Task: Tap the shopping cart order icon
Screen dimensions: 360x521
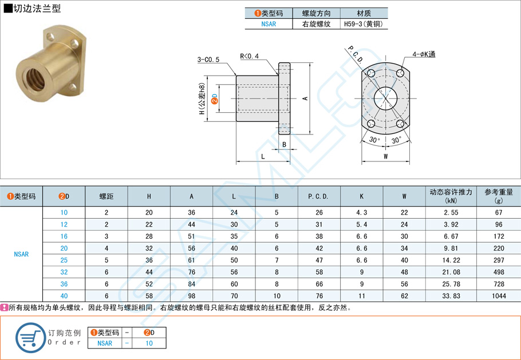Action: [x=30, y=337]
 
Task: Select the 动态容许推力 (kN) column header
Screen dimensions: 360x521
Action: [x=451, y=196]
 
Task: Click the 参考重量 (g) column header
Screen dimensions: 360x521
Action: [x=498, y=196]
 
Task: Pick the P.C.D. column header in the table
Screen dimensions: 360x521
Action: [x=318, y=196]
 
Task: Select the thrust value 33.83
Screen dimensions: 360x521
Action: [x=451, y=296]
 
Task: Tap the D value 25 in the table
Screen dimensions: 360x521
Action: [x=64, y=260]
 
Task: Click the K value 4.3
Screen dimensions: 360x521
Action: [x=361, y=212]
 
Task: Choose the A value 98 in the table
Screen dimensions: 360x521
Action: [x=191, y=296]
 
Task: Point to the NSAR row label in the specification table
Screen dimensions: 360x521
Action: [x=21, y=254]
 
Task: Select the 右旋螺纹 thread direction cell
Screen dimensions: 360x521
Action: [x=316, y=24]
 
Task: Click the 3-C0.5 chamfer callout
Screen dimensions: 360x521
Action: [x=208, y=60]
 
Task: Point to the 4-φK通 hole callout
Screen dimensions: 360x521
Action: [x=424, y=54]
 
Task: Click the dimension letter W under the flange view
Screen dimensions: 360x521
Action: [x=386, y=156]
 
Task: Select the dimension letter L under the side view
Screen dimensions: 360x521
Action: [x=262, y=156]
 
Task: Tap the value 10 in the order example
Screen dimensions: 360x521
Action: [x=149, y=343]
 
